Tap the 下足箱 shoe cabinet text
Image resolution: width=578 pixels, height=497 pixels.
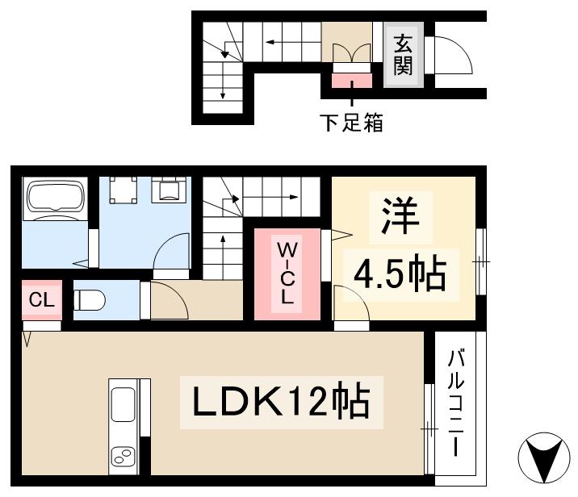[x=350, y=123]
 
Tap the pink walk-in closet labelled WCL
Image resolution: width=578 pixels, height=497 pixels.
[x=287, y=274]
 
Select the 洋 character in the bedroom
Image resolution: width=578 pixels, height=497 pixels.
[x=396, y=216]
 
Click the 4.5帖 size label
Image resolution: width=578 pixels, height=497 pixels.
[x=399, y=273]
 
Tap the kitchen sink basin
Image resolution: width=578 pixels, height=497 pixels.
[x=124, y=403]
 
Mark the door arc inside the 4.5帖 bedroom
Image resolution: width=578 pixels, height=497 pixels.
[x=349, y=303]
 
